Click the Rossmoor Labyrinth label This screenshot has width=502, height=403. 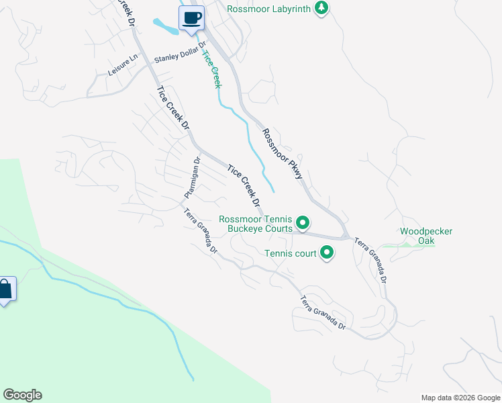[269, 9]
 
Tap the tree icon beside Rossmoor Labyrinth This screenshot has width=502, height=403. [322, 8]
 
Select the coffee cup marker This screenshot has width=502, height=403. [191, 18]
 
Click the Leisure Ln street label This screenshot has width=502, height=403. [121, 69]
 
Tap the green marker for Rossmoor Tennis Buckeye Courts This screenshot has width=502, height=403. [303, 221]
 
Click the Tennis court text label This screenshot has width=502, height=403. [290, 253]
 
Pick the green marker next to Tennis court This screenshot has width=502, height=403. [327, 253]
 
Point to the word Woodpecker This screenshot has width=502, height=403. [426, 232]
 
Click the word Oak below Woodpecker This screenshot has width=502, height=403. [426, 240]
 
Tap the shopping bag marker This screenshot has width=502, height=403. [5, 290]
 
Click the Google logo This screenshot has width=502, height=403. [22, 395]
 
